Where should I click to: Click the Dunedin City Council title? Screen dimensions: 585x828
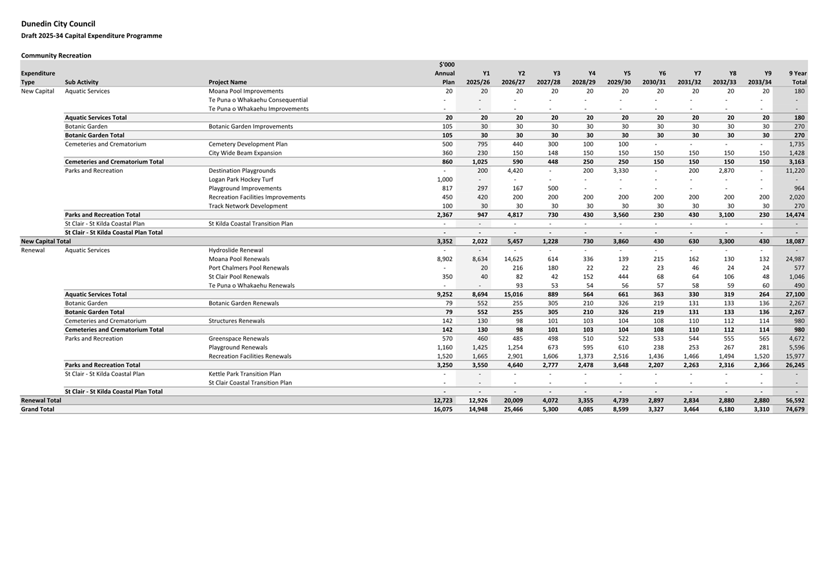pos(58,24)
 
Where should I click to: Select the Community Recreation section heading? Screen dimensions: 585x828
pos(56,55)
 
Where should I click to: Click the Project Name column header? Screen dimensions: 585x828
pos(227,83)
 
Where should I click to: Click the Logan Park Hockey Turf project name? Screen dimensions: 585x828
pos(241,179)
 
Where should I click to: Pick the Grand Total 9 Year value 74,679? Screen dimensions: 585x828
pos(794,410)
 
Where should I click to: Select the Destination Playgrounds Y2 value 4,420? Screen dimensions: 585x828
pos(515,171)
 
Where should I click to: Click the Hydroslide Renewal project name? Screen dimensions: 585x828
pos(236,250)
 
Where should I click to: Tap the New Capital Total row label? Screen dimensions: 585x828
pos(46,241)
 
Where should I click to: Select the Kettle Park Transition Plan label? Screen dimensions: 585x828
pos(245,374)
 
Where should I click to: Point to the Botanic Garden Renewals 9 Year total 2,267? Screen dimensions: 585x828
pos(794,303)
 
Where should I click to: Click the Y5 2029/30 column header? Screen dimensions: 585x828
pos(619,78)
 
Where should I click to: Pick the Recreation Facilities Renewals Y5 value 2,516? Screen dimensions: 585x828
pos(620,356)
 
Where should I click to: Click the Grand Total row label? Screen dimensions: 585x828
pos(37,410)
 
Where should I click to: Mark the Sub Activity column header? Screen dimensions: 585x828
pos(81,83)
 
